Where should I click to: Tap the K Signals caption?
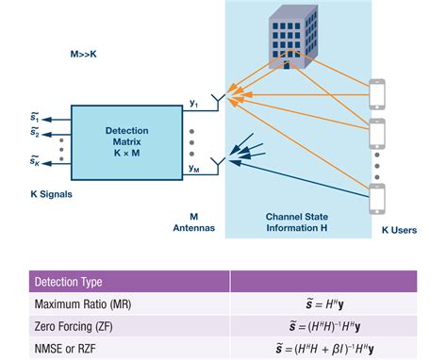click(40, 195)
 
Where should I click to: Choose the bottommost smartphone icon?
click(379, 200)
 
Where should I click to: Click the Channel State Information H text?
click(299, 221)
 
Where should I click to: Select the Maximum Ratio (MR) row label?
click(83, 304)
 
